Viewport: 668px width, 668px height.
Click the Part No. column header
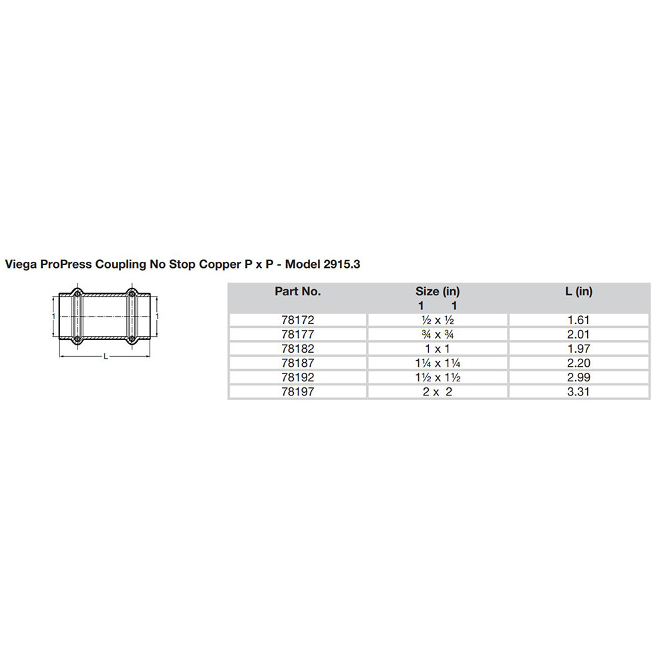coord(297,291)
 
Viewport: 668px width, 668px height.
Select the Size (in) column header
coord(438,291)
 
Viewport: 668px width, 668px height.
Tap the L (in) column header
coord(578,291)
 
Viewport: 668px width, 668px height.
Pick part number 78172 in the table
coord(297,320)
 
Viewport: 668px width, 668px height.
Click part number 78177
coord(297,334)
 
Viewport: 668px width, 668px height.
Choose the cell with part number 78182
coord(297,349)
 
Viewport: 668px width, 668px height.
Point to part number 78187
coord(297,363)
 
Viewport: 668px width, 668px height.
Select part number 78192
coord(297,377)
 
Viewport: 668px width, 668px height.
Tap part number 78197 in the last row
coord(297,392)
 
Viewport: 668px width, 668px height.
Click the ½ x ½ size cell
coord(438,320)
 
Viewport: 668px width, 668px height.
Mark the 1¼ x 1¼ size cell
coord(438,363)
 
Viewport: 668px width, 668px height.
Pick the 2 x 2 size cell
coord(438,392)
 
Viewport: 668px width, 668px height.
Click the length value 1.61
coord(578,320)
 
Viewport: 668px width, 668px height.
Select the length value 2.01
coord(578,334)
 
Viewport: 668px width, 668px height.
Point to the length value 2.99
coord(578,377)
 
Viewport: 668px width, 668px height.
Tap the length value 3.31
coord(578,392)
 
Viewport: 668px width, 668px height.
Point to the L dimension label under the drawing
coord(105,357)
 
